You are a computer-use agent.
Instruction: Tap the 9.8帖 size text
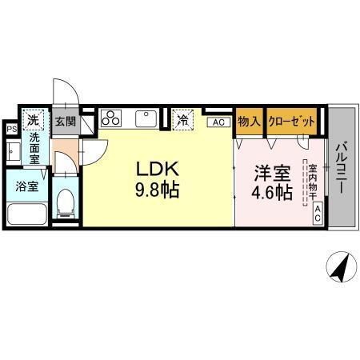point(156,191)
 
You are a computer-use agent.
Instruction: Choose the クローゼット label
point(291,122)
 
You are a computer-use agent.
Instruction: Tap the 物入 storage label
point(250,122)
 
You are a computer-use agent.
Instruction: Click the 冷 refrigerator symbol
point(183,120)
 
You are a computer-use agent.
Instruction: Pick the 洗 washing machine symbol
point(33,120)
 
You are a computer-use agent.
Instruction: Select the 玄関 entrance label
point(65,122)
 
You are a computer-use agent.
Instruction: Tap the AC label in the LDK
point(217,122)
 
